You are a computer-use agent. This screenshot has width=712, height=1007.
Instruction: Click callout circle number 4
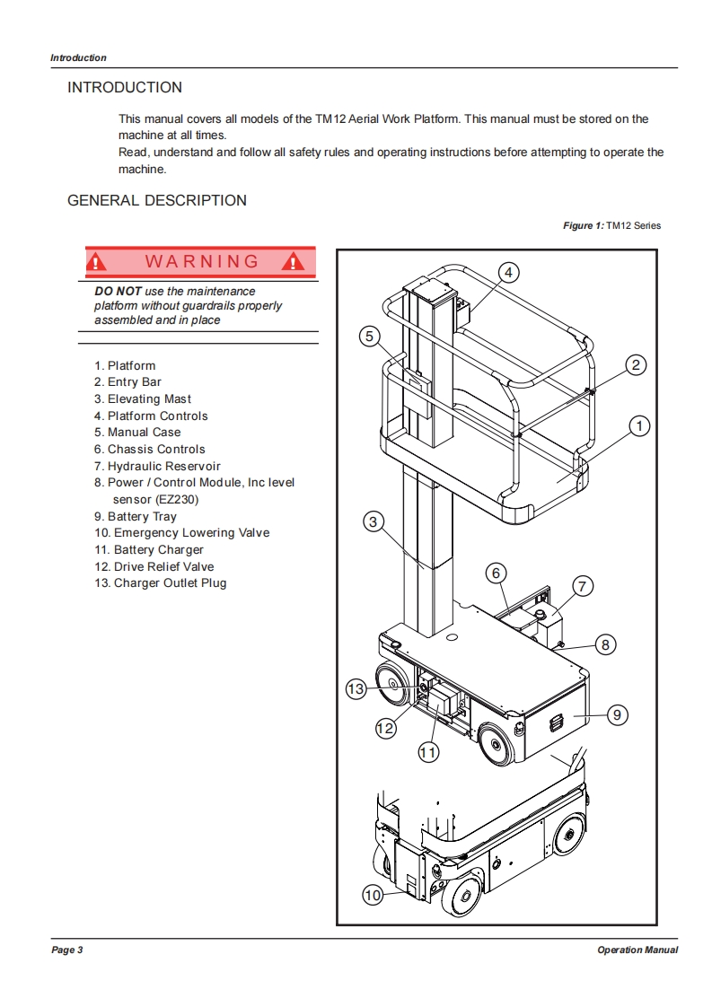pyautogui.click(x=508, y=272)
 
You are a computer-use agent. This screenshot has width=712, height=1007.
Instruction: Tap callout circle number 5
pyautogui.click(x=369, y=337)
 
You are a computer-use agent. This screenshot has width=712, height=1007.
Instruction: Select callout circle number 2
pyautogui.click(x=636, y=364)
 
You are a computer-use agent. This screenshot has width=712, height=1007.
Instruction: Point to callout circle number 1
pyautogui.click(x=639, y=426)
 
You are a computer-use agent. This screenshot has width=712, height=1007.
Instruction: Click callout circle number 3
pyautogui.click(x=374, y=521)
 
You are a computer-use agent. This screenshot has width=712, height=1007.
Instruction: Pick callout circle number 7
pyautogui.click(x=581, y=587)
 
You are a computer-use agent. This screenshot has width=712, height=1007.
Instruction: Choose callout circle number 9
pyautogui.click(x=617, y=714)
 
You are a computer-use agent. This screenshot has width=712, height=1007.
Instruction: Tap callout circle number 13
pyautogui.click(x=356, y=688)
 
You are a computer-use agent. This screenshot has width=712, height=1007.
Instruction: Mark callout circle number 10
pyautogui.click(x=373, y=894)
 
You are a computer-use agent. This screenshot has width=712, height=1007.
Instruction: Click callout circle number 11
pyautogui.click(x=428, y=753)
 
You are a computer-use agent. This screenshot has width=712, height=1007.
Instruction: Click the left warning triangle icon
pyautogui.click(x=97, y=262)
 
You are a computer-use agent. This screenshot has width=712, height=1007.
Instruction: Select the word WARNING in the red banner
pyautogui.click(x=201, y=261)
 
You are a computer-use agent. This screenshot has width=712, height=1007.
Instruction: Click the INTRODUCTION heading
pyautogui.click(x=125, y=87)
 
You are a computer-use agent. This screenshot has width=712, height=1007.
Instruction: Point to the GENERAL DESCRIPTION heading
pyautogui.click(x=157, y=200)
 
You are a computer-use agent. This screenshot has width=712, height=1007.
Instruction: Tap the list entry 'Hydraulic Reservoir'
pyautogui.click(x=157, y=466)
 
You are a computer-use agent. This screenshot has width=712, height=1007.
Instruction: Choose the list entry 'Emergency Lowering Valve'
pyautogui.click(x=181, y=532)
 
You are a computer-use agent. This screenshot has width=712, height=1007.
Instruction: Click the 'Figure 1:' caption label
pyautogui.click(x=583, y=225)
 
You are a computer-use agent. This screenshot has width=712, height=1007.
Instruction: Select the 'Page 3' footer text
pyautogui.click(x=67, y=950)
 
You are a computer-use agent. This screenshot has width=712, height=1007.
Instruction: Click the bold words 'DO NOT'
pyautogui.click(x=118, y=291)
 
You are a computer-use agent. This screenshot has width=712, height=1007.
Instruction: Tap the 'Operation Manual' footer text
pyautogui.click(x=637, y=950)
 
